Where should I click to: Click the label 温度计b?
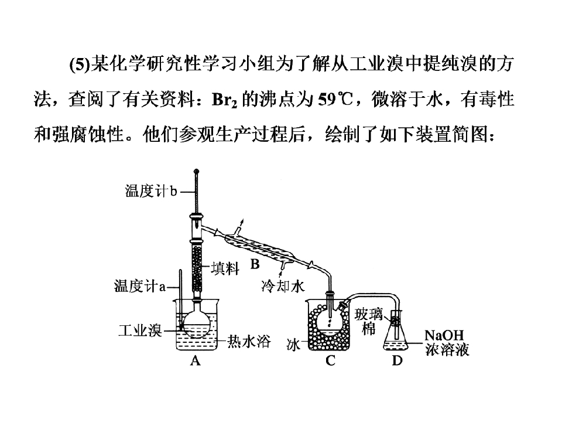point(151,191)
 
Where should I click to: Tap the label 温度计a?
point(140,287)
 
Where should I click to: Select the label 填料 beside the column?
point(225,268)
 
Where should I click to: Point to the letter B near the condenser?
point(255,264)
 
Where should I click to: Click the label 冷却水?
point(283,287)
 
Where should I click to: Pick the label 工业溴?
point(140,331)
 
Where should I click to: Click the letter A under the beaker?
point(196,360)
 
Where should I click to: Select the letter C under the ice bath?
point(330,360)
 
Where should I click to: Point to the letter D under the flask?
point(397,360)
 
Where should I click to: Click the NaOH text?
point(444,335)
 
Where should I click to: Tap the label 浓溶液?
point(447,349)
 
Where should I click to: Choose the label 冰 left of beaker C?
point(293,345)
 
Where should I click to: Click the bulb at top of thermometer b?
point(196,172)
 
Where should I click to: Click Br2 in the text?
point(224,100)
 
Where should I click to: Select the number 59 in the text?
point(327,99)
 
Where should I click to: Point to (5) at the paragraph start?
point(78,64)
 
